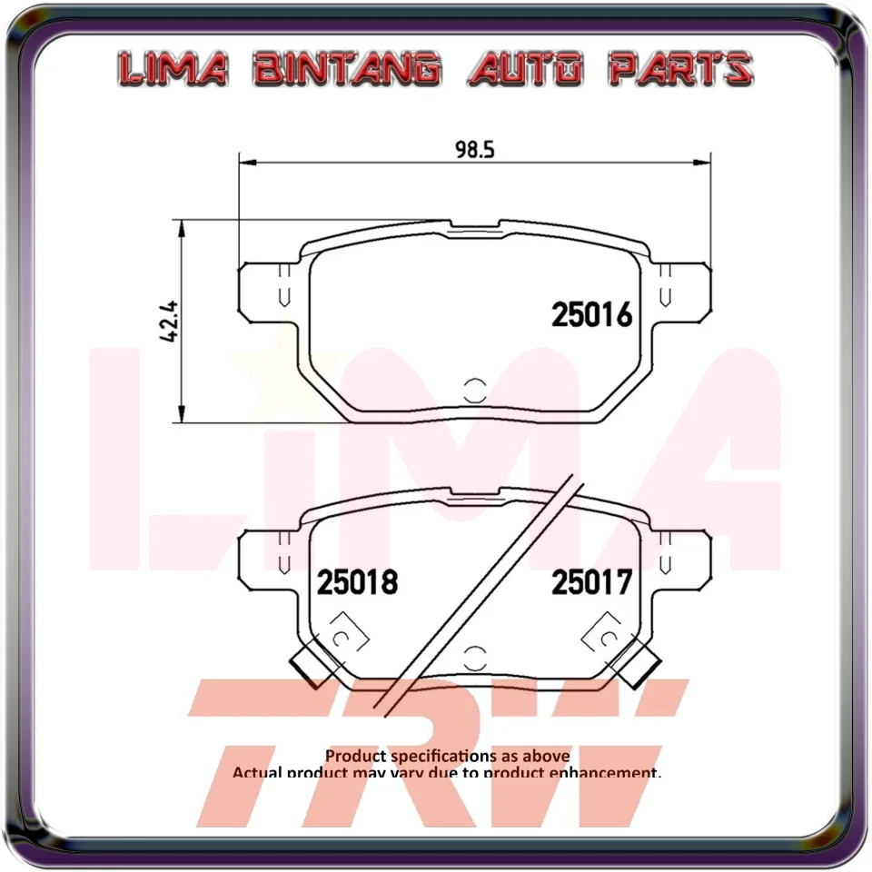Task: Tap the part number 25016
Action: [591, 315]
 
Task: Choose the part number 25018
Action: [357, 582]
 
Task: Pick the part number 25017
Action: [591, 582]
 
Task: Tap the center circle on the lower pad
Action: [473, 658]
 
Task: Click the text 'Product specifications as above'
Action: [448, 756]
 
